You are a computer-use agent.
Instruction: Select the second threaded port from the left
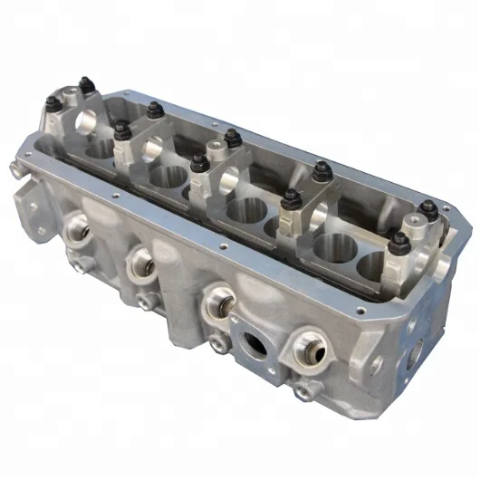pos(139,263)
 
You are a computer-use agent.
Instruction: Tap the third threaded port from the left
pos(219,300)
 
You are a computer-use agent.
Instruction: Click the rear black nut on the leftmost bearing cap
pos(87,87)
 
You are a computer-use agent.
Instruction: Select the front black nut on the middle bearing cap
pos(198,164)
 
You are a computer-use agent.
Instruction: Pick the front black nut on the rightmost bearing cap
pos(397,242)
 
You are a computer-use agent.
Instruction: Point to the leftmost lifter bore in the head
pos(100,145)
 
